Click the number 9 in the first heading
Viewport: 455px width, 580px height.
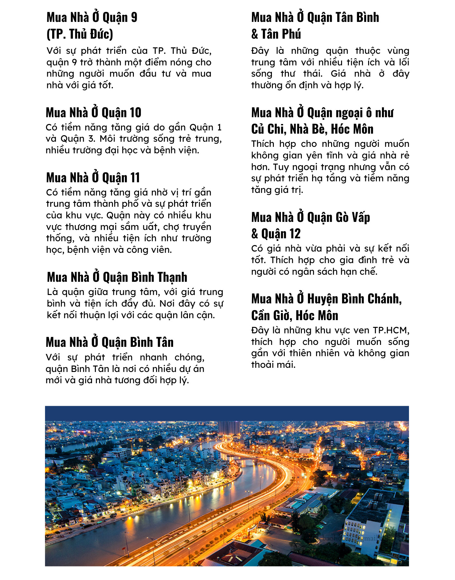134,18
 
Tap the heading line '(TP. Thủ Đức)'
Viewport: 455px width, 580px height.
80,34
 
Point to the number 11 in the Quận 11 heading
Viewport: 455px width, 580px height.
135,178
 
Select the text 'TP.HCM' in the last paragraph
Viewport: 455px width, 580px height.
391,330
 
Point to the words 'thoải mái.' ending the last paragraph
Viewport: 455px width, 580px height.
273,365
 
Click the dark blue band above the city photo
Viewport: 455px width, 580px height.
227,413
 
